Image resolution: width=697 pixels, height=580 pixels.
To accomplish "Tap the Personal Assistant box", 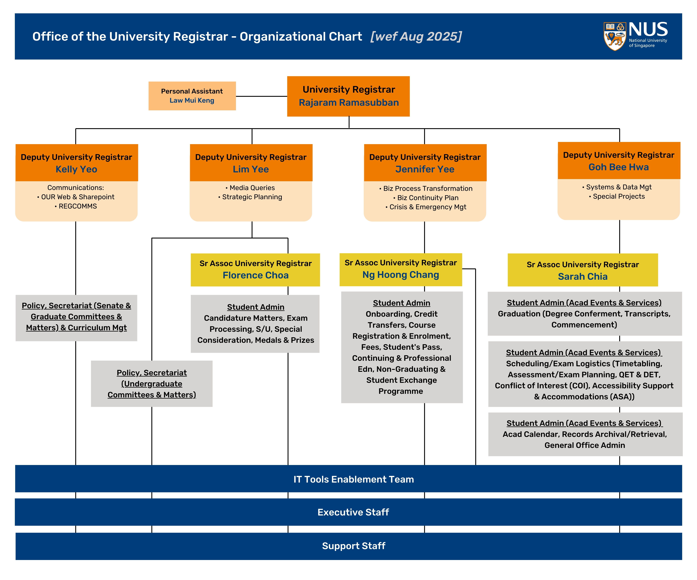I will coord(192,96).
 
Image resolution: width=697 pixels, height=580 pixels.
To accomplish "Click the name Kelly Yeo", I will coord(76,169).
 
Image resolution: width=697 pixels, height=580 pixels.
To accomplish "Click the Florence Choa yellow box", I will coord(255,270).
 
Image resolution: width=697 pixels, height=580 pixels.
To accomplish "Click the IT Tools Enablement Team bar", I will coord(353,479).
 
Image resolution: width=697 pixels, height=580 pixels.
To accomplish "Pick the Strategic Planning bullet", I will coord(252,197).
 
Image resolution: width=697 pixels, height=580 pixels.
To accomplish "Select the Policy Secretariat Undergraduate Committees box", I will coord(152,384).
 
